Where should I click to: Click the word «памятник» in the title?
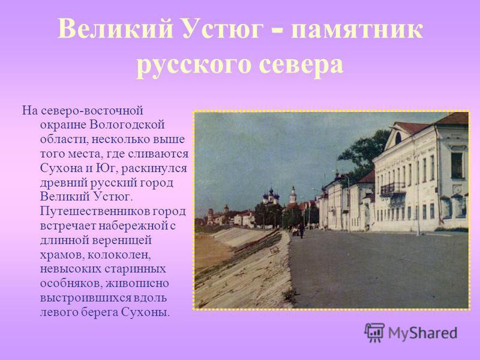[357, 29]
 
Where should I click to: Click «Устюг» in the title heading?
[223, 29]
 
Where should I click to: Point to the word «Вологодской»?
[128, 125]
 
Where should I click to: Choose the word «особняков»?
[71, 283]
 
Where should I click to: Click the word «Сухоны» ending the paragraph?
[145, 312]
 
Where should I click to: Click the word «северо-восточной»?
[92, 110]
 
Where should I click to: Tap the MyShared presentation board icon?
[374, 332]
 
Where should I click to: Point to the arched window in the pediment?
[398, 139]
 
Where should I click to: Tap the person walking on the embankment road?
[302, 230]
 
